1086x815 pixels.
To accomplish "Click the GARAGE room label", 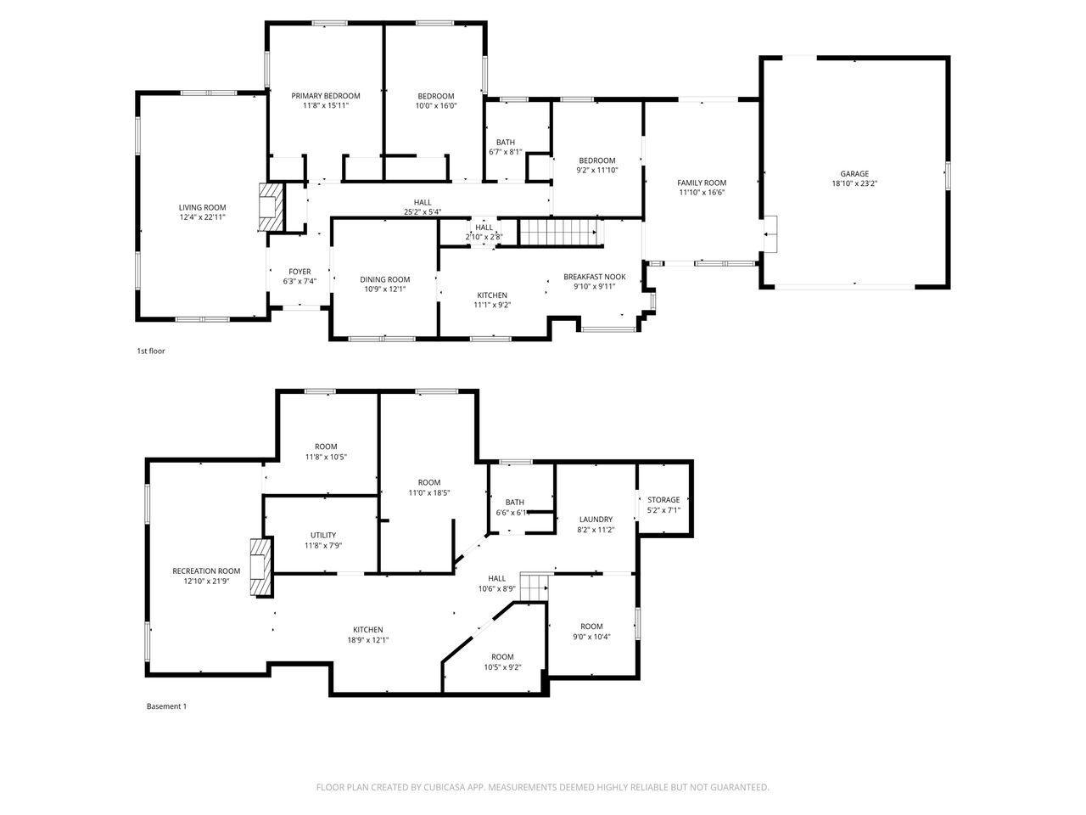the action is (854, 174).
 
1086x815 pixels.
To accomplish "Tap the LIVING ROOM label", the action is (202, 207).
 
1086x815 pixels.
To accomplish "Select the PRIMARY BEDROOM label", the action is (326, 95).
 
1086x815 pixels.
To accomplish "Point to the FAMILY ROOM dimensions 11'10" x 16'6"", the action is (702, 192).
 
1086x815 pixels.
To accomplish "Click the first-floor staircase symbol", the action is (560, 232).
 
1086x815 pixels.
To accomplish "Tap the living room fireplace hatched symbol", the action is (271, 207).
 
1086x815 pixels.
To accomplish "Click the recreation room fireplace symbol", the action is (260, 568).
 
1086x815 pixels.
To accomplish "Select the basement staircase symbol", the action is (534, 587).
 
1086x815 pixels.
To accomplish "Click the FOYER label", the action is (299, 272).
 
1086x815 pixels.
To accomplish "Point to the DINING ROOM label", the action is (384, 279).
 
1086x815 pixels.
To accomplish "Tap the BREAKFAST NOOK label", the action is (594, 277).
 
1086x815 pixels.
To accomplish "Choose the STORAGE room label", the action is (663, 500).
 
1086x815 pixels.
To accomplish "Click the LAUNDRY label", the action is (596, 519).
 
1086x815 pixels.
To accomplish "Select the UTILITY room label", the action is (323, 535).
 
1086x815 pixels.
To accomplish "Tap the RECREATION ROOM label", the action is (206, 570).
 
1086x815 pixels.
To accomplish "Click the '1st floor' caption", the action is (150, 351).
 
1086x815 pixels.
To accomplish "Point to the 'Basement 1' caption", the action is (166, 706).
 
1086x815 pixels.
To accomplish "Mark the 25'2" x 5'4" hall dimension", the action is (422, 211).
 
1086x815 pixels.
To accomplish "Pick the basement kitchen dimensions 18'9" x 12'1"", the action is (367, 639).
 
